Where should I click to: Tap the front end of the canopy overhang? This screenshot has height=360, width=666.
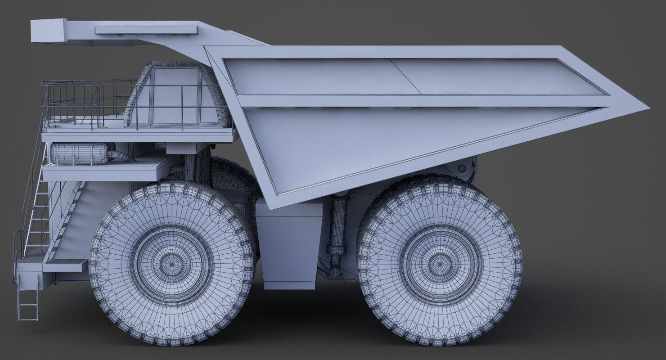[47, 31]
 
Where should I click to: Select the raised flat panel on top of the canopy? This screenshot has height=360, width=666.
[146, 30]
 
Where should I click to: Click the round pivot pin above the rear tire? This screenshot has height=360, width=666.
[461, 168]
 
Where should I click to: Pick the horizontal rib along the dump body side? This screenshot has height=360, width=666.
[418, 101]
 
